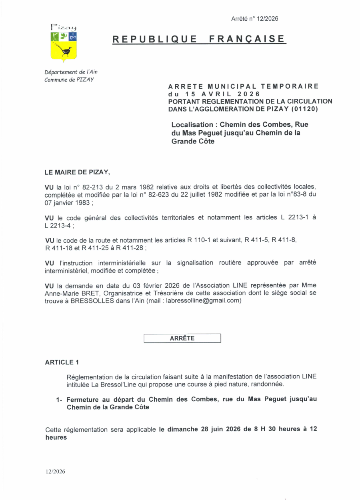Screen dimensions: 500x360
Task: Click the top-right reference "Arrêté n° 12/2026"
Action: pyautogui.click(x=254, y=19)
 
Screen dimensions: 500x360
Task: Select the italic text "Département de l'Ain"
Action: pyautogui.click(x=71, y=72)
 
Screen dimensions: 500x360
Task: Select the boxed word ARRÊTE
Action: pyautogui.click(x=182, y=338)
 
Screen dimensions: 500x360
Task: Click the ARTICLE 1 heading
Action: pyautogui.click(x=62, y=362)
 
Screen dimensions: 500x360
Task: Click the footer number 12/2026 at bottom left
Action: pyautogui.click(x=55, y=471)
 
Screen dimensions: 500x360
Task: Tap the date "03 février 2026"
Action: pyautogui.click(x=130, y=286)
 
